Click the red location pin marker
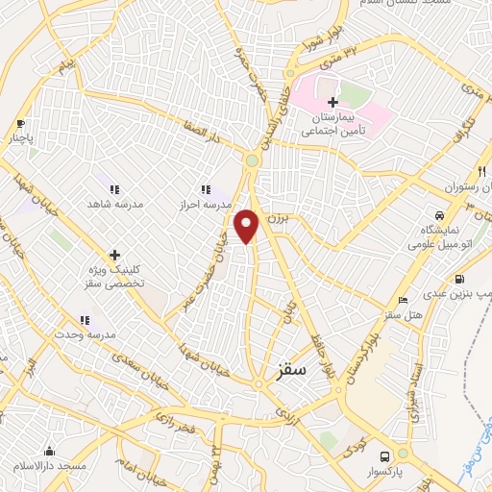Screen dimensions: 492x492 248,225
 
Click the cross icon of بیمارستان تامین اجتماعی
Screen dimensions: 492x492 332,102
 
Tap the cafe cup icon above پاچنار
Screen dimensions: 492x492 21,124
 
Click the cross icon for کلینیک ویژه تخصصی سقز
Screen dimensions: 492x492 114,256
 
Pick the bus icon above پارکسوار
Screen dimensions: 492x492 384,456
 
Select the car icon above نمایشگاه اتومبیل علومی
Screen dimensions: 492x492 438,215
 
